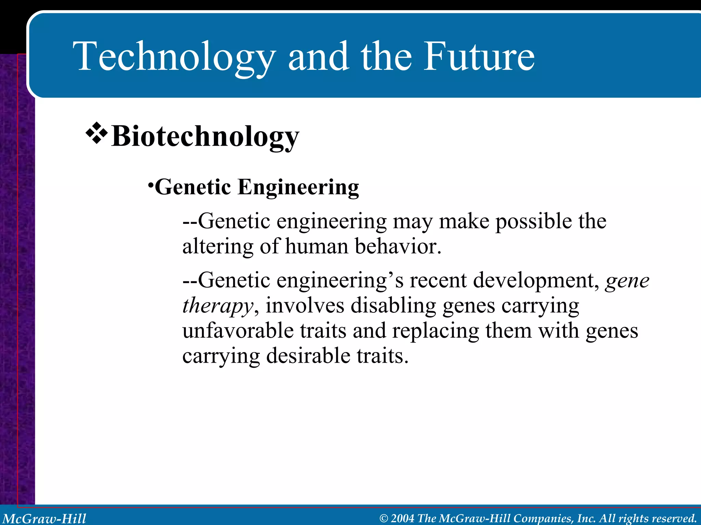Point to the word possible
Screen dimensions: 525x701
click(534, 221)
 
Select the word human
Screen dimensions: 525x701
click(316, 246)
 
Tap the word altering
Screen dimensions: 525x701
click(218, 246)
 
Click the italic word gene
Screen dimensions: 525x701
click(627, 281)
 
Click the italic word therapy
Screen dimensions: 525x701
click(218, 306)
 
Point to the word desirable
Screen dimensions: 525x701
click(308, 355)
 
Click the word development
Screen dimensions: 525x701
click(536, 281)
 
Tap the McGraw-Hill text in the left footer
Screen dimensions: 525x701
click(44, 518)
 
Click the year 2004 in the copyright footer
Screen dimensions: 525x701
click(403, 518)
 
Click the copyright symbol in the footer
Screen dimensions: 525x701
click(384, 519)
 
